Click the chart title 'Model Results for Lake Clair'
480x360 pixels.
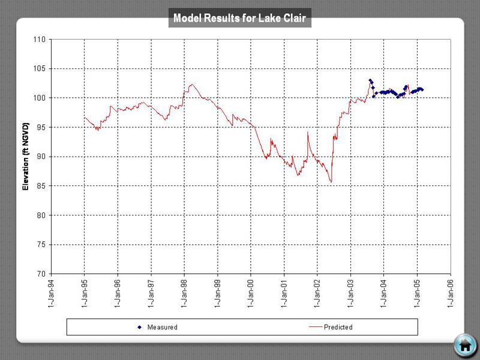[239, 19]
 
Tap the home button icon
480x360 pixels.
[465, 344]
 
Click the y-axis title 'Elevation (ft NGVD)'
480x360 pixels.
[25, 157]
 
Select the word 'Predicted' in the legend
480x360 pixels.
[338, 327]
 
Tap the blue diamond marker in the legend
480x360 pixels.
[139, 327]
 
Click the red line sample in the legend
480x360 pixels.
[315, 327]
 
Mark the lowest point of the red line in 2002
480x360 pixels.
[331, 182]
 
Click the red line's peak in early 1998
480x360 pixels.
[191, 85]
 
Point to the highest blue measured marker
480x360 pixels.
[370, 80]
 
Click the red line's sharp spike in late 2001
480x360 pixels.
[308, 132]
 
